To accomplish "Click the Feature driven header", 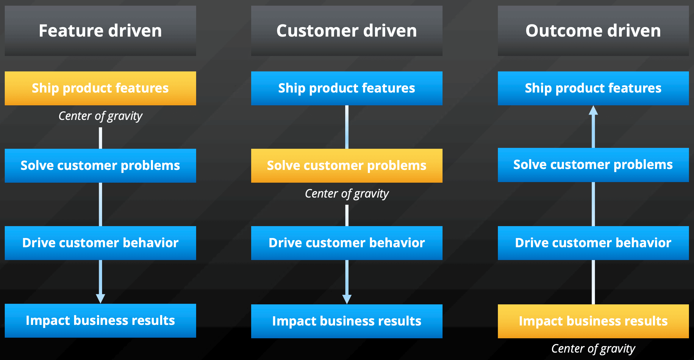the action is click(x=100, y=31).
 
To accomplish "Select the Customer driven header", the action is click(x=347, y=31).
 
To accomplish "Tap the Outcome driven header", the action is click(x=593, y=31).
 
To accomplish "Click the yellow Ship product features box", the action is click(x=100, y=88).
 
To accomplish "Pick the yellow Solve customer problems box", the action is click(x=347, y=165).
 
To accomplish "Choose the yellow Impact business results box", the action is click(x=593, y=321).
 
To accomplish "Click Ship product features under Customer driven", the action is click(x=347, y=88).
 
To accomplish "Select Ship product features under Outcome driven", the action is click(x=593, y=88).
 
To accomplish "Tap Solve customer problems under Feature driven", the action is click(x=100, y=165).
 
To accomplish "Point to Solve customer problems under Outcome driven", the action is click(x=593, y=165).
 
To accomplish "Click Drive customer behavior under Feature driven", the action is click(x=100, y=243).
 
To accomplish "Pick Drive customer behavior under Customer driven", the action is click(x=347, y=243).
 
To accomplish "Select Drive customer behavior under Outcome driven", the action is click(x=593, y=243).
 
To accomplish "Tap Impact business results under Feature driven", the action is click(x=100, y=320).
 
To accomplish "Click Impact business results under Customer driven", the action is click(x=347, y=321).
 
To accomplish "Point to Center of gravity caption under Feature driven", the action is click(x=100, y=116).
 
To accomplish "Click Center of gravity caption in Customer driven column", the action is click(x=347, y=194).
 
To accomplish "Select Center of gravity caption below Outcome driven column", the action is click(x=593, y=349).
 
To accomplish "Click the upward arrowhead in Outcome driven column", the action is click(x=593, y=110).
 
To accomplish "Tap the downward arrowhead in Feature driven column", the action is click(x=101, y=299).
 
